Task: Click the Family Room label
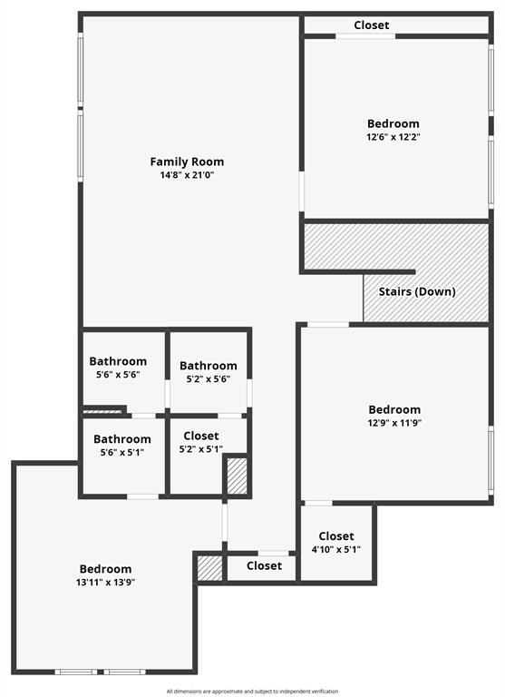[187, 162]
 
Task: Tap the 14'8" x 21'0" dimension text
[187, 175]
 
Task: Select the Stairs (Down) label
[418, 291]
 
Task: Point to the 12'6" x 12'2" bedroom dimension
[393, 137]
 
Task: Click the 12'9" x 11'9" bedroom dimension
[394, 422]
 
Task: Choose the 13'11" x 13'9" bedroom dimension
[105, 583]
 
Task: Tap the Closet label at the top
[372, 25]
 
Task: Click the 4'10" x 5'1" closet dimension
[336, 549]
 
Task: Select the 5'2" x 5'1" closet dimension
[200, 449]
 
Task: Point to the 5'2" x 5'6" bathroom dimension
[209, 379]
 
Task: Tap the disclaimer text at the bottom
[253, 692]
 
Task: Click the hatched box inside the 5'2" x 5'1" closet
[237, 476]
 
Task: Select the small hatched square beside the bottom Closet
[209, 568]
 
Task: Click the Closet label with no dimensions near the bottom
[264, 565]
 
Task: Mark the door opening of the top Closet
[365, 36]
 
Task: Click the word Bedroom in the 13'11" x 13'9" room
[105, 569]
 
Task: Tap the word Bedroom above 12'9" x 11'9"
[394, 409]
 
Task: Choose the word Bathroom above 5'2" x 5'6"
[209, 366]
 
